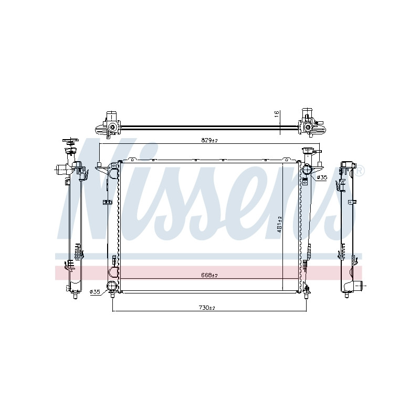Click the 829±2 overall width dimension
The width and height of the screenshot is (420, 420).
[x=209, y=140]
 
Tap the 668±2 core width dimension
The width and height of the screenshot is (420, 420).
[x=209, y=275]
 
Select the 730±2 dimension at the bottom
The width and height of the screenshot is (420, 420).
[x=207, y=308]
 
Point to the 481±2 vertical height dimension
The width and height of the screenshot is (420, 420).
[x=279, y=224]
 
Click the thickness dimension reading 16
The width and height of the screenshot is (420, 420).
[x=277, y=113]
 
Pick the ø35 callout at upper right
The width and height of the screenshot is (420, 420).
[x=322, y=177]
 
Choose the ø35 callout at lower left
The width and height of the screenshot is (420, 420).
[x=95, y=291]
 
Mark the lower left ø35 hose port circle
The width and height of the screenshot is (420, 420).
[x=111, y=286]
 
